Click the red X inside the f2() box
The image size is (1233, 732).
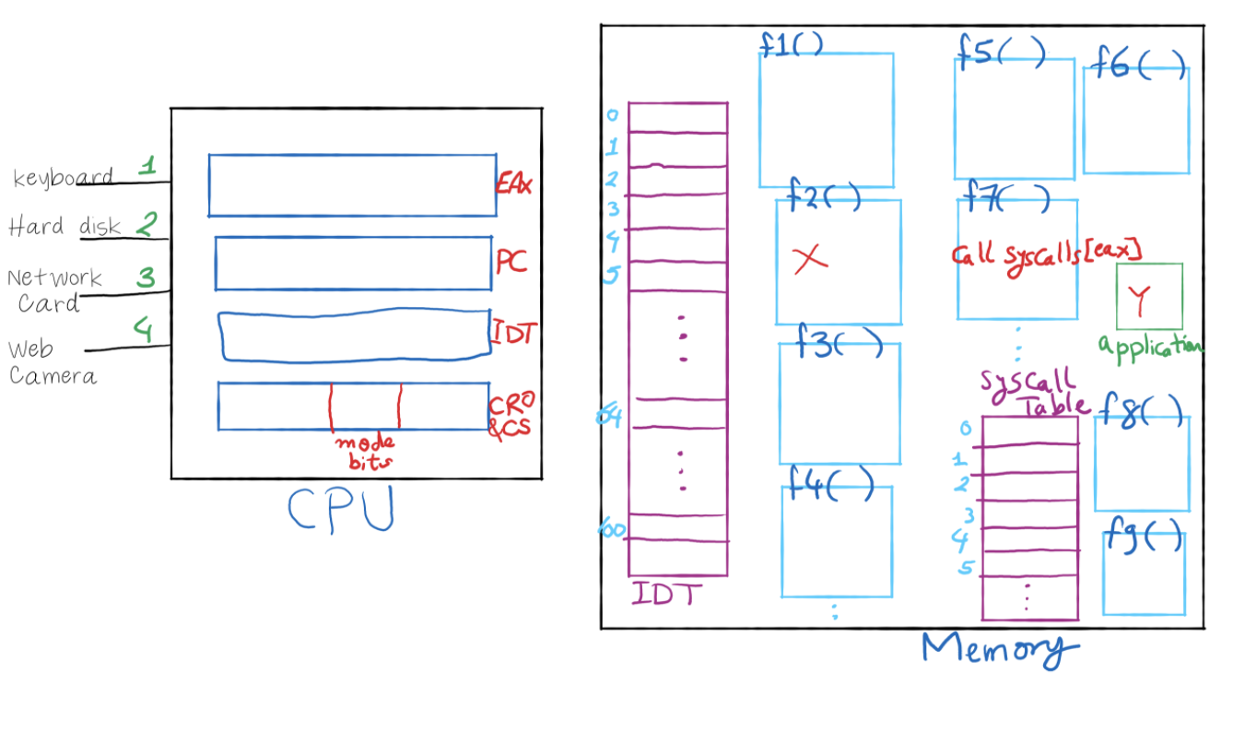810,259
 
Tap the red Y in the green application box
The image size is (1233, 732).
1139,299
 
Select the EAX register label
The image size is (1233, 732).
513,183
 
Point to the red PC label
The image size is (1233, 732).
511,262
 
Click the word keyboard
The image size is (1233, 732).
63,177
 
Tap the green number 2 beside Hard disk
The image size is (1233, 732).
147,223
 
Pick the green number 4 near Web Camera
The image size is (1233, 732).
143,329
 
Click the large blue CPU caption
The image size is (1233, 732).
341,509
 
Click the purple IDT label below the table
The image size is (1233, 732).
666,594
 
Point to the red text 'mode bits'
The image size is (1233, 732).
364,450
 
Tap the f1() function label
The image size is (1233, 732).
791,44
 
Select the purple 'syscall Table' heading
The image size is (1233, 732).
1030,391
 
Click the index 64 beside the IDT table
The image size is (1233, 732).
610,418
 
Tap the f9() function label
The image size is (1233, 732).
1144,537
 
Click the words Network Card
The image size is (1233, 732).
53,289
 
